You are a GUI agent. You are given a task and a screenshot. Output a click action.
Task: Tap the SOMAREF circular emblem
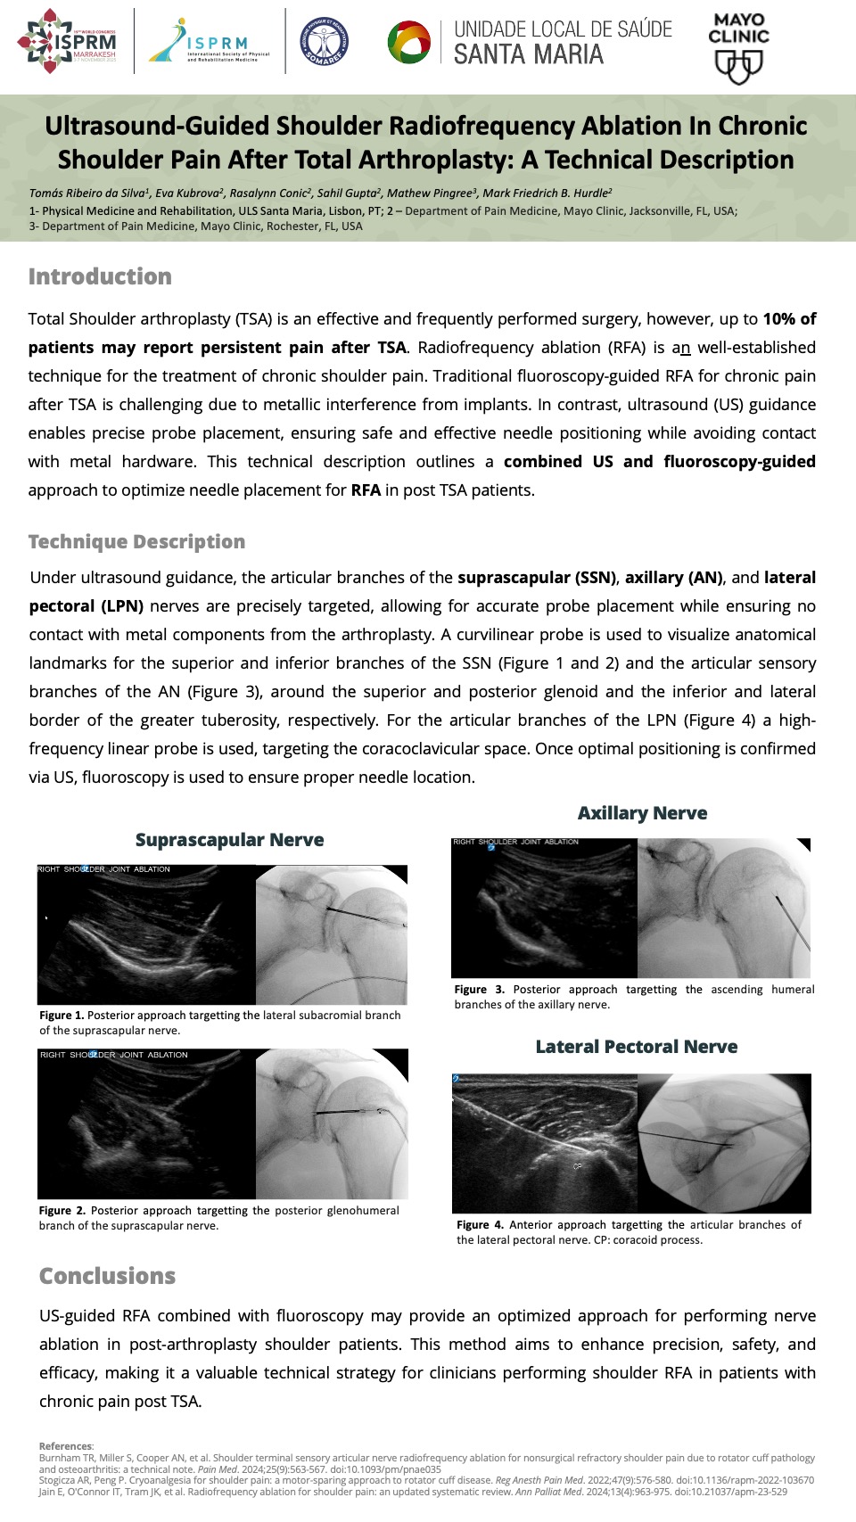[325, 42]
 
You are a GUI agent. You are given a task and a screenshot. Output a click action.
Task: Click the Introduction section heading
[100, 276]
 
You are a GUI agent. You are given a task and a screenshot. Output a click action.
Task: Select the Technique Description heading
[136, 541]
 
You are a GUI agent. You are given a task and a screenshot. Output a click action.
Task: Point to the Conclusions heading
[107, 1276]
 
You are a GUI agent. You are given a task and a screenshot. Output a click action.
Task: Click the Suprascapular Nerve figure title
[229, 840]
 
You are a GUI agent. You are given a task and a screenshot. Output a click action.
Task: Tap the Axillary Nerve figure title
[642, 813]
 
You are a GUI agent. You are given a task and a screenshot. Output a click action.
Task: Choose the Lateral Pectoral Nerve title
[636, 1047]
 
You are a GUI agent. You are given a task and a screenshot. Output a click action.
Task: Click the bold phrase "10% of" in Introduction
[789, 319]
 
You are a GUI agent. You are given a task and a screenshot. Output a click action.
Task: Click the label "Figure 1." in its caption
[61, 1016]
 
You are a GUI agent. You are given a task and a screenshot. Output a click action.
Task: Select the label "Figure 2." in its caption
[62, 1211]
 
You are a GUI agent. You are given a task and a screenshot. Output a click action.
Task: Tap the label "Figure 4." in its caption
[480, 1225]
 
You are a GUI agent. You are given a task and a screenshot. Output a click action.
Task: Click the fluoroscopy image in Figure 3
[724, 908]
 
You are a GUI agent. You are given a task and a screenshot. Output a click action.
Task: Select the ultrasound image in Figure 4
[545, 1143]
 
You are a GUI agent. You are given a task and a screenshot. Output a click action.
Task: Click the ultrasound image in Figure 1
[146, 934]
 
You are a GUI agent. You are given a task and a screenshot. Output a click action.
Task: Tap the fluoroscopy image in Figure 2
[332, 1123]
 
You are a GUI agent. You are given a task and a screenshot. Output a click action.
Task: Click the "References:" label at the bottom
[66, 1446]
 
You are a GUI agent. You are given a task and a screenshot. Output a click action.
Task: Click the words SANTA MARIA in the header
[529, 55]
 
